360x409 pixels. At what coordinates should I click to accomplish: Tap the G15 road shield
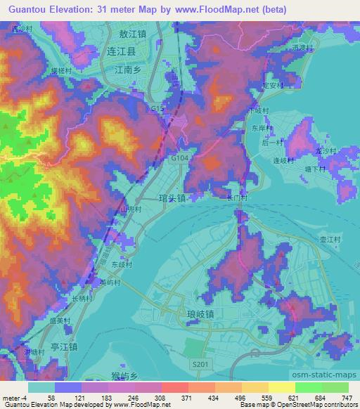pos(157,110)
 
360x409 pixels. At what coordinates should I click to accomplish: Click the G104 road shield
pos(179,160)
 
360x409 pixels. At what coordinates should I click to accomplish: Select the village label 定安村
pos(272,85)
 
